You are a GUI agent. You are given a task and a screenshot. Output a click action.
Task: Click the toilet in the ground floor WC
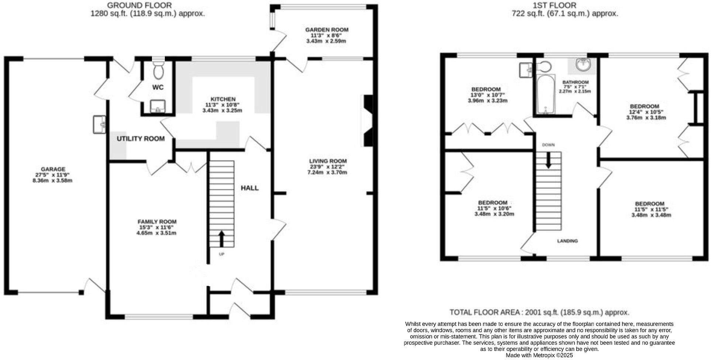159,70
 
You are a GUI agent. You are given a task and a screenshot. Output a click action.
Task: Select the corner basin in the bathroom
583,66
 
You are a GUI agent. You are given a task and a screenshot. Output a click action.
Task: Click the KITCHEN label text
223,99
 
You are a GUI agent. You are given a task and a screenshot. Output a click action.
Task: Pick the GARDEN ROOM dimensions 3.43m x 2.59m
326,41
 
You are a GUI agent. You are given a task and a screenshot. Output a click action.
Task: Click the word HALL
250,188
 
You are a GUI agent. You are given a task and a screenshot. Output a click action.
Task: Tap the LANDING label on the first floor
567,241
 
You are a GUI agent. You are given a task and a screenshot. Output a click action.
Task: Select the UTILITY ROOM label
141,139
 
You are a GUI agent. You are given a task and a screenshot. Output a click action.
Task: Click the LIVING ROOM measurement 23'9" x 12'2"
328,167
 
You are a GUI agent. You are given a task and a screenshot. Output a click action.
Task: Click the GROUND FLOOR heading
140,5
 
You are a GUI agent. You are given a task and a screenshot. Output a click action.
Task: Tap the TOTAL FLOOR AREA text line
539,312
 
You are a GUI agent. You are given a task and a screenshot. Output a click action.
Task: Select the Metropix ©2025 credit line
539,355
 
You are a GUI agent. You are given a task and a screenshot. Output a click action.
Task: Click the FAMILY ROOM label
157,222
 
